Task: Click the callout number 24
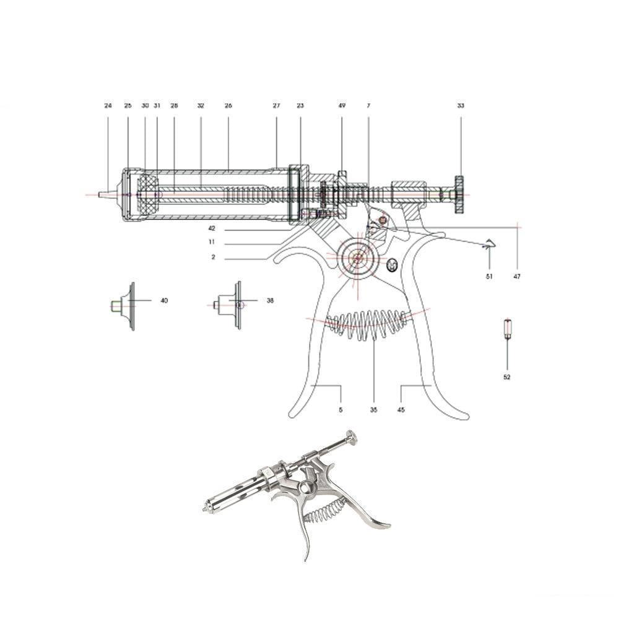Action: point(108,106)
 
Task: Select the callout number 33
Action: point(461,106)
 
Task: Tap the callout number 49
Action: point(342,106)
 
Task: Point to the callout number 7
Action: point(368,106)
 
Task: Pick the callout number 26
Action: point(228,106)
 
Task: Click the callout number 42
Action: point(212,228)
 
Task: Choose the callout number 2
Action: point(213,257)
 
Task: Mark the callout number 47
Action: point(516,277)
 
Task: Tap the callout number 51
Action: point(489,277)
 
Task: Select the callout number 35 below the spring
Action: point(373,410)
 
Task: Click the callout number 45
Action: point(401,410)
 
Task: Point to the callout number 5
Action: point(341,410)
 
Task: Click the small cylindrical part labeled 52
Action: point(507,328)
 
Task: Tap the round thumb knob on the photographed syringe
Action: point(351,436)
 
